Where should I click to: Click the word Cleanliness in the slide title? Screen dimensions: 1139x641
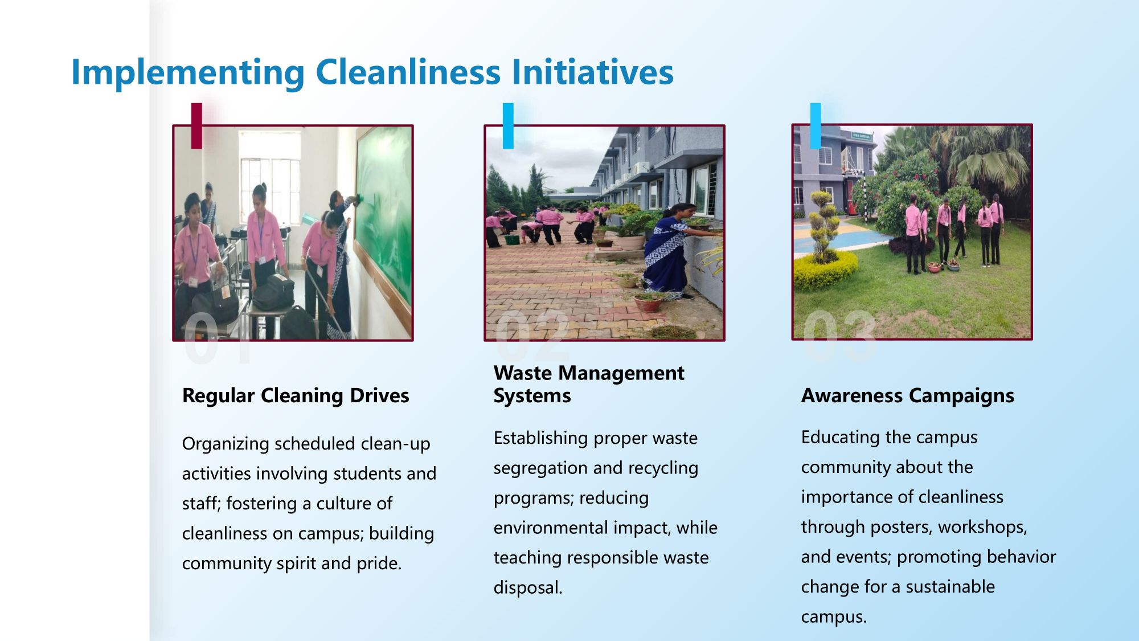408,72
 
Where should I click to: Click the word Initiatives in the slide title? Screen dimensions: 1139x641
593,72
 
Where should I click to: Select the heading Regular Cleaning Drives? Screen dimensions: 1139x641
296,395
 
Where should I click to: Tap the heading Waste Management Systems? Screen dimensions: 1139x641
589,384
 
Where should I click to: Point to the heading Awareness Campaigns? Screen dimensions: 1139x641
908,395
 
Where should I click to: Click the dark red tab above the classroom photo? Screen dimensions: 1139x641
196,126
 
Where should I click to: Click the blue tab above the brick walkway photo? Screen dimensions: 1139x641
508,126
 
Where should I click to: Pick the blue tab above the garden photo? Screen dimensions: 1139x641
816,126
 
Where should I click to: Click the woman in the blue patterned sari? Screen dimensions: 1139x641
673,251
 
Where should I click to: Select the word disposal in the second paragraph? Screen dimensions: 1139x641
528,588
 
